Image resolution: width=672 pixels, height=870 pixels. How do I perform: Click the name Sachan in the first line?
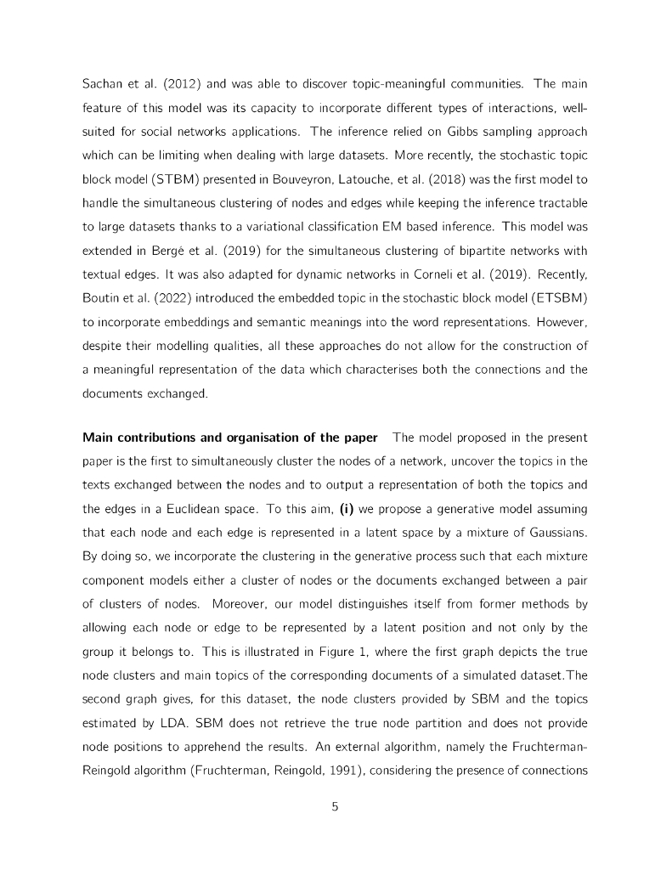tap(103, 85)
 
